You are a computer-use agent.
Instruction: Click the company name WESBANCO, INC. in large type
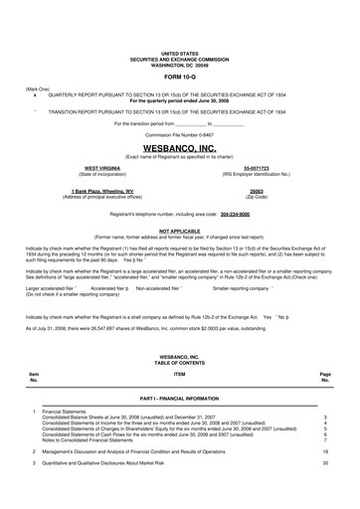click(x=179, y=146)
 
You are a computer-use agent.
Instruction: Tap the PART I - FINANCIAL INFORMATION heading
click(x=179, y=425)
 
